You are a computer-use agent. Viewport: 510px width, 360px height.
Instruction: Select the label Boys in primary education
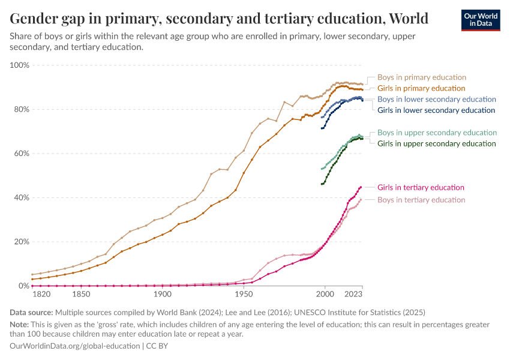tap(421, 77)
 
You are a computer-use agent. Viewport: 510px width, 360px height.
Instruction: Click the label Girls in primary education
tap(421, 88)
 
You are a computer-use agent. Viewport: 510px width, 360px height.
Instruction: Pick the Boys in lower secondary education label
tap(436, 99)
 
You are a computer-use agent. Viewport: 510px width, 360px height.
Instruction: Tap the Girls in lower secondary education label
tap(436, 110)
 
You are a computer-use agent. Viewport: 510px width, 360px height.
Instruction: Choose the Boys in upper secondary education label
tap(437, 133)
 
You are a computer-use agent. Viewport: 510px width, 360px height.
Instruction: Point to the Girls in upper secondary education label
tap(436, 143)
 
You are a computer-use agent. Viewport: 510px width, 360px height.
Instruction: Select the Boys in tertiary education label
tap(421, 200)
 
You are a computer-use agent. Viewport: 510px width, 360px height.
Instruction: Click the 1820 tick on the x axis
tap(41, 295)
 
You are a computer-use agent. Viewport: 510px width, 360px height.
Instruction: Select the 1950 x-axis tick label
tap(243, 295)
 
